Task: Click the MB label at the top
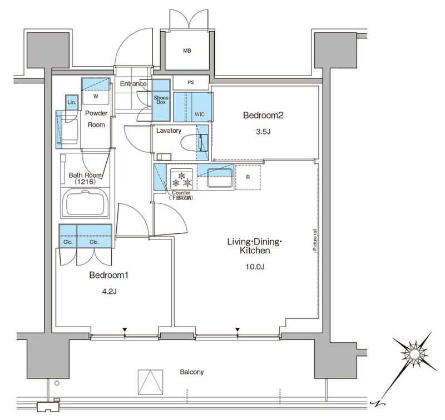click(187, 51)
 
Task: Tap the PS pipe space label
click(191, 82)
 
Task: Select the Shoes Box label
click(161, 100)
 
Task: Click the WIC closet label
click(200, 114)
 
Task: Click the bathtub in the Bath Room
click(85, 202)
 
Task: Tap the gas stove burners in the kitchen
click(182, 179)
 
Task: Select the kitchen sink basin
click(220, 178)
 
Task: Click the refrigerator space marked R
click(248, 177)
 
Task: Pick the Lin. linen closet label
click(72, 102)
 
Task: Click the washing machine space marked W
click(96, 96)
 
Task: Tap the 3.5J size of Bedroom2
click(263, 132)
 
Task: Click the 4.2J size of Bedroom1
click(109, 291)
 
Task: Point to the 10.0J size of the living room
click(255, 267)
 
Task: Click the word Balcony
click(192, 372)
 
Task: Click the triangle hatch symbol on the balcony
click(151, 382)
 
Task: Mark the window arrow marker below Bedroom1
click(124, 329)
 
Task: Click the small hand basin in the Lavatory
click(164, 157)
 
